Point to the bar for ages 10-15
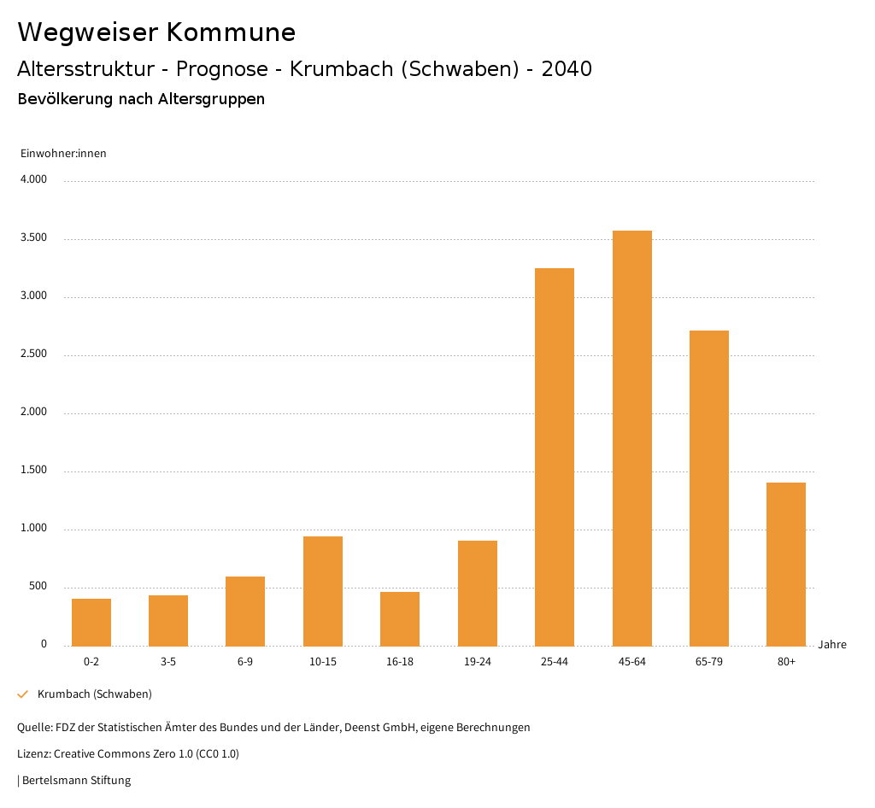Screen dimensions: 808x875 323,591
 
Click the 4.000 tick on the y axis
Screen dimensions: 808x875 33,180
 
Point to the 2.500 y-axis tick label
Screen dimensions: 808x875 33,354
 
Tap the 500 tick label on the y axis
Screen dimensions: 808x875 38,587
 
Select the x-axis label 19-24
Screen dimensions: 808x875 478,662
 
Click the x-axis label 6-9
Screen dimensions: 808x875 245,662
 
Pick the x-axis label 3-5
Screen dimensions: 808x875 168,662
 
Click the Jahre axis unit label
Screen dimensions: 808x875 832,645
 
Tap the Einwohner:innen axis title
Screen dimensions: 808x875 63,154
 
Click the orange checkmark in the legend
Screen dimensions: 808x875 23,694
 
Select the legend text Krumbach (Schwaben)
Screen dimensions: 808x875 95,694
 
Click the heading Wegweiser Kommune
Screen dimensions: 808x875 156,32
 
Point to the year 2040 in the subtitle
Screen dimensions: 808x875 567,69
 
